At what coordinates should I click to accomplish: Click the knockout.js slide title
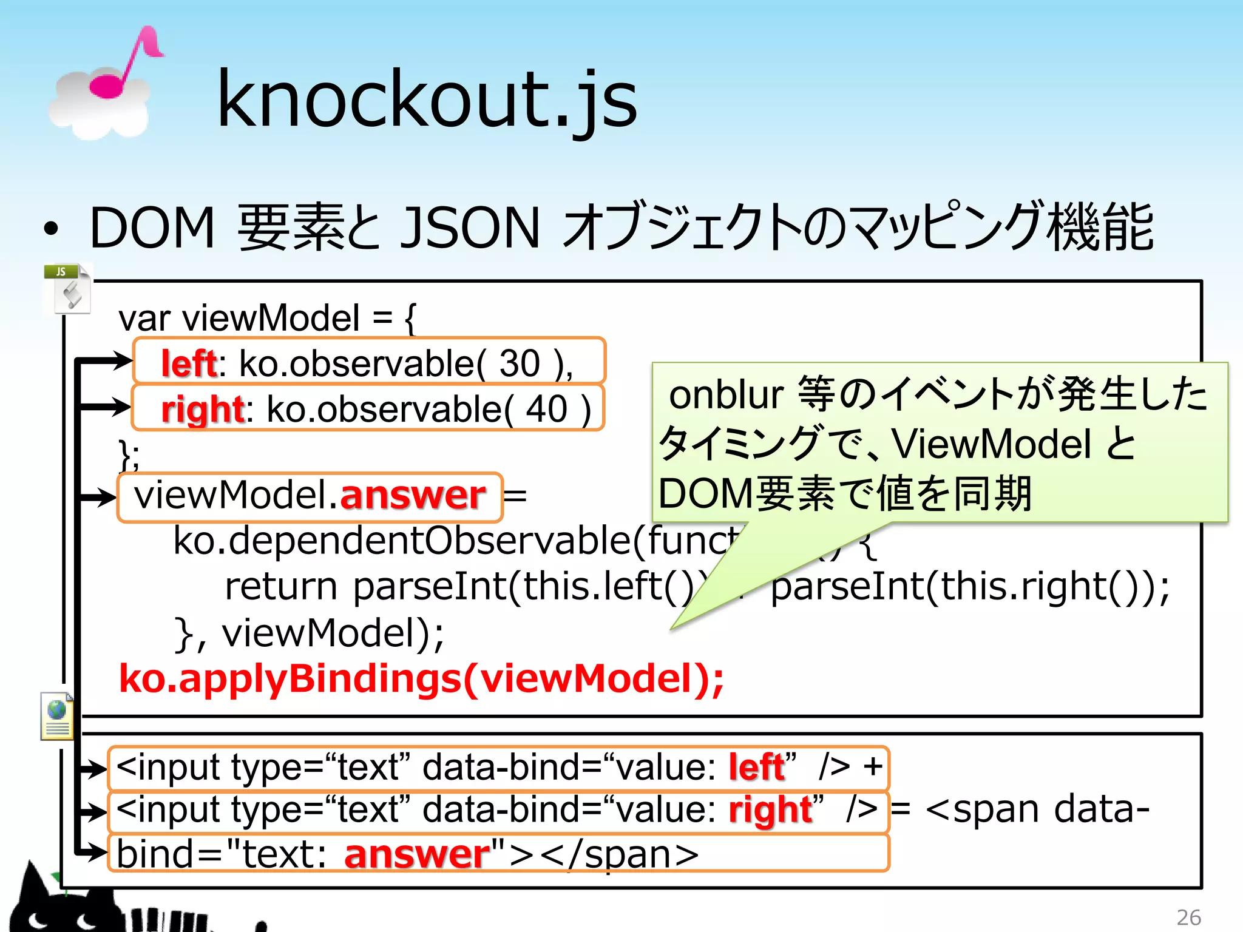[x=427, y=100]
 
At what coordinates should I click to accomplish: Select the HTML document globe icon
[x=57, y=717]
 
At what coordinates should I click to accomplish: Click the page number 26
[x=1188, y=917]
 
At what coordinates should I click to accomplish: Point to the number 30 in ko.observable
[x=519, y=363]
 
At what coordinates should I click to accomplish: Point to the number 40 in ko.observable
[x=546, y=409]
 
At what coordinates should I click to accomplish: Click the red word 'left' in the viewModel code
[x=188, y=363]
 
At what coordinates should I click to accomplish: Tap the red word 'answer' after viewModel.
[x=413, y=495]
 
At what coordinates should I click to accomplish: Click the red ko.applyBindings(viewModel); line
[x=421, y=678]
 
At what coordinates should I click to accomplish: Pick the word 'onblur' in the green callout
[x=726, y=395]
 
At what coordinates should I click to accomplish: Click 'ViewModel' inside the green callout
[x=992, y=444]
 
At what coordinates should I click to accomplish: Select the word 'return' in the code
[x=280, y=587]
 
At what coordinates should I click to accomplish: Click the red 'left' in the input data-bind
[x=757, y=767]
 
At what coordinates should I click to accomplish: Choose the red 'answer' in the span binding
[x=417, y=854]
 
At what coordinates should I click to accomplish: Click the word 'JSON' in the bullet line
[x=470, y=228]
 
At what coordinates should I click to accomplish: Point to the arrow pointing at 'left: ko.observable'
[x=106, y=361]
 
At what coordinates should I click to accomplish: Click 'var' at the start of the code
[x=144, y=319]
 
